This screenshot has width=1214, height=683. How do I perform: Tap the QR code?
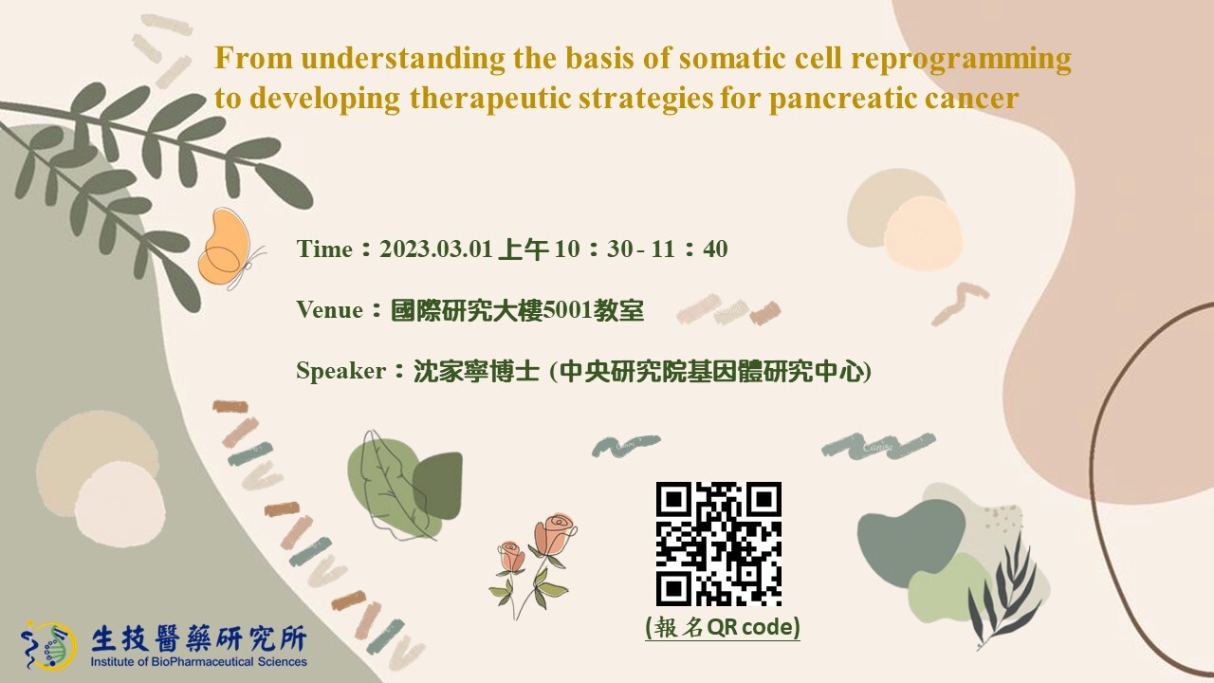719,544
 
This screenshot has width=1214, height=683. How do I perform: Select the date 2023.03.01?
435,249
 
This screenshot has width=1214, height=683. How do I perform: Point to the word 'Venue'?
329,310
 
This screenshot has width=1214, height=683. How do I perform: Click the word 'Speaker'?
340,371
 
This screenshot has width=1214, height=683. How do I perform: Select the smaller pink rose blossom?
511,557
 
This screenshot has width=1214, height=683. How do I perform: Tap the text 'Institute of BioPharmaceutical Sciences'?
198,662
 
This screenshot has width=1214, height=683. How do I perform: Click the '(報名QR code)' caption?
723,627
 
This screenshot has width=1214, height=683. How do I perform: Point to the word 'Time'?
324,249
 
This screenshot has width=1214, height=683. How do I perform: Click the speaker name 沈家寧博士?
476,371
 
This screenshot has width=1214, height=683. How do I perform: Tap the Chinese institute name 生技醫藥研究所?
199,638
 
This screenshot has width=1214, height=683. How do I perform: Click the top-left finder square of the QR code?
674,500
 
